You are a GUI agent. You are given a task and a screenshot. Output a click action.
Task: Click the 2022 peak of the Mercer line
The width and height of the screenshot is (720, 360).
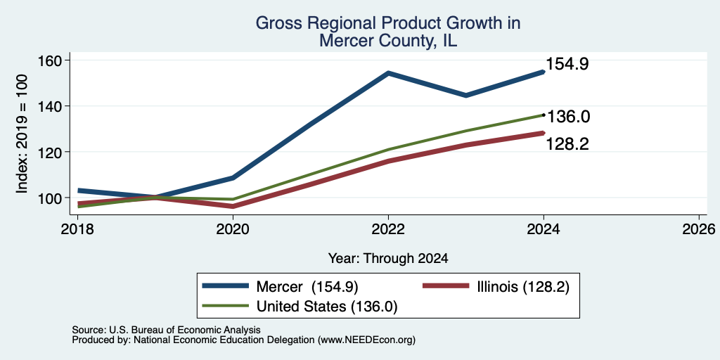click(x=388, y=73)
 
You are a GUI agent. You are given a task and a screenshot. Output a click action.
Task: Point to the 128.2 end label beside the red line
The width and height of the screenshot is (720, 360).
click(x=567, y=144)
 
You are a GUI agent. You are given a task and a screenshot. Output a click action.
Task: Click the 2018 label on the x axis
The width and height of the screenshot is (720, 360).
click(x=77, y=229)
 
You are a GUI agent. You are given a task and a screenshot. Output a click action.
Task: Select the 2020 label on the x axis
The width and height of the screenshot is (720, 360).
click(x=233, y=229)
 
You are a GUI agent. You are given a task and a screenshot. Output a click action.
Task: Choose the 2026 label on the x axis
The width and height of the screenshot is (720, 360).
click(x=699, y=229)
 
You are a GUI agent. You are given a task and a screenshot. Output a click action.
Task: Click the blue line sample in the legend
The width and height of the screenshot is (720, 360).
click(x=226, y=286)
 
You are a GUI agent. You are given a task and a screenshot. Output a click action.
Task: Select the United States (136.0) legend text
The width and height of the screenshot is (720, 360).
click(x=326, y=307)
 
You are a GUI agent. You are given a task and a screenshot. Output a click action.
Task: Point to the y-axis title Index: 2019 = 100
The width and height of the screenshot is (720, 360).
click(x=22, y=134)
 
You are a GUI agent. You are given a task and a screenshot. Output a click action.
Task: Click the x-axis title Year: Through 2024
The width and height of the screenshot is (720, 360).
click(x=388, y=259)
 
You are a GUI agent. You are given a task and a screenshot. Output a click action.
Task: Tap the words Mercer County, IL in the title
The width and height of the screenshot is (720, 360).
click(x=388, y=40)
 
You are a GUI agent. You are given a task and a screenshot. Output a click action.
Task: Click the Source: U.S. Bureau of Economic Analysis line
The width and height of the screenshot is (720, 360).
click(x=166, y=330)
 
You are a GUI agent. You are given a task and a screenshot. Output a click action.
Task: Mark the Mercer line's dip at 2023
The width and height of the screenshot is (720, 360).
click(x=466, y=96)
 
